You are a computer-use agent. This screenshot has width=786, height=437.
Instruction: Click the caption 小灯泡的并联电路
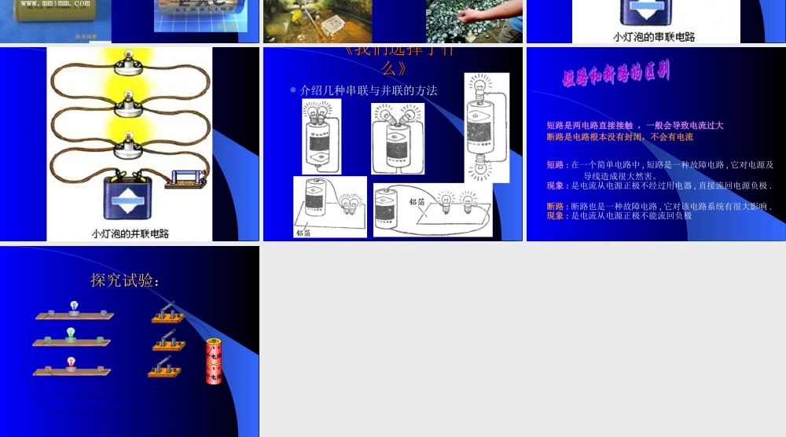coord(130,233)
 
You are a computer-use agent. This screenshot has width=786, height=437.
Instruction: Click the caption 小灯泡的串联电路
coord(654,36)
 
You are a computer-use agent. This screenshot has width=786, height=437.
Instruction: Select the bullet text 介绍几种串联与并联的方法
coord(369,90)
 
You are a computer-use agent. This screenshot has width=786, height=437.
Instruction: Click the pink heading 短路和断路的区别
coord(616,75)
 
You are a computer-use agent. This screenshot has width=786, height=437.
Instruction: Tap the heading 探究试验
coord(126,281)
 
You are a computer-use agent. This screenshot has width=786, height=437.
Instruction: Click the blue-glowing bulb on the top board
coord(74,306)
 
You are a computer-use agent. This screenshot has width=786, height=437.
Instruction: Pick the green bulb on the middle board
coord(71,333)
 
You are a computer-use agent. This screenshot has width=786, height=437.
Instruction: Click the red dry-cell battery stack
coord(214,361)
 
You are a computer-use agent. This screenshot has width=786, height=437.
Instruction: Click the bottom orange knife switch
coord(166,367)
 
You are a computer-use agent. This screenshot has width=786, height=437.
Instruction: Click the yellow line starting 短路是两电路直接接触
coord(634,125)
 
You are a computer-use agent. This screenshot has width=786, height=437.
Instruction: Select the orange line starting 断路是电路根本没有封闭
coord(619,137)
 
